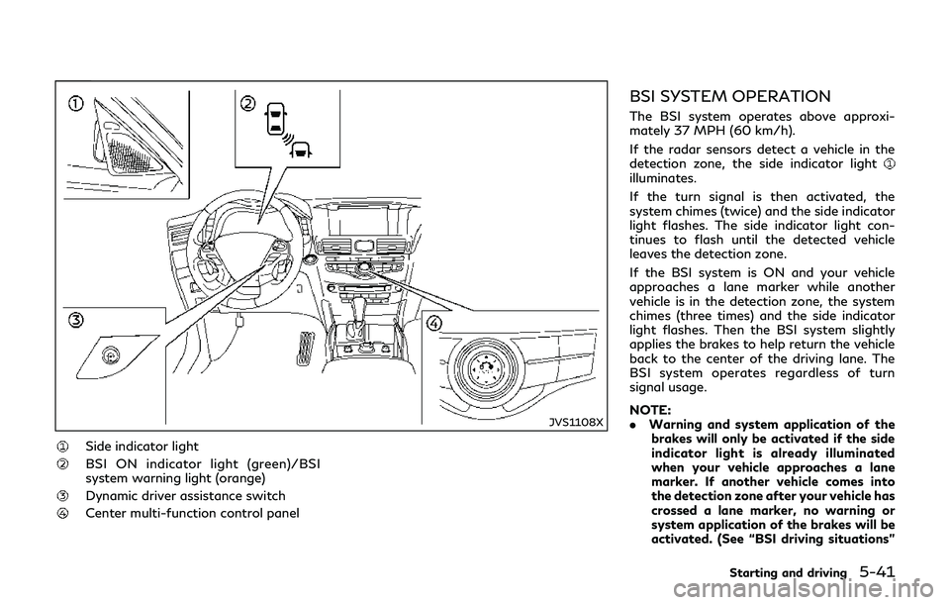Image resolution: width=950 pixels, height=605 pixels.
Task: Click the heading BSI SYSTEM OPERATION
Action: tap(735, 98)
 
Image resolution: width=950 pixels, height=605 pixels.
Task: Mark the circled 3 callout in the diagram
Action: tap(76, 320)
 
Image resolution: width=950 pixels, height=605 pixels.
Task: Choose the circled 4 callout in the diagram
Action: tap(434, 322)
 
